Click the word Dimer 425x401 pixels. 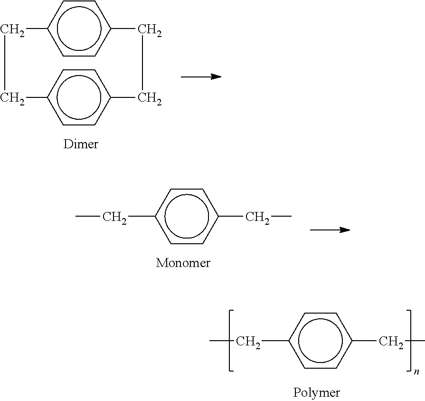click(81, 144)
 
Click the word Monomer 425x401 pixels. click(183, 263)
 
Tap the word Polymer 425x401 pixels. click(316, 393)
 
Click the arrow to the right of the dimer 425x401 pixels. click(201, 76)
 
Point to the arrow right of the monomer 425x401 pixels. click(330, 230)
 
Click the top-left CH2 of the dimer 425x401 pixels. click(12, 30)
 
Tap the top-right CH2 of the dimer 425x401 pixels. click(150, 30)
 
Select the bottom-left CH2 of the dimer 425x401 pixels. click(12, 98)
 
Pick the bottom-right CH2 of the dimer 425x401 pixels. click(150, 98)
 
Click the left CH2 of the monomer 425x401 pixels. click(114, 218)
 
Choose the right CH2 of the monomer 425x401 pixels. click(257, 218)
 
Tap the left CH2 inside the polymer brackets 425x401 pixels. click(248, 342)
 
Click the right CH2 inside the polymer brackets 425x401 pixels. click(391, 342)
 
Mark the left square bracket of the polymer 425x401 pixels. click(231, 340)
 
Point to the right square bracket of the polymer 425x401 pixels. click(408, 340)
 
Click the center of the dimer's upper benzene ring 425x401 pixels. click(79, 28)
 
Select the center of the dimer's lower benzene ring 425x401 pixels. click(79, 97)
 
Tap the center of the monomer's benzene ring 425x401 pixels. click(187, 216)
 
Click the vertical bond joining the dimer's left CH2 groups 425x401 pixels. click(5, 63)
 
